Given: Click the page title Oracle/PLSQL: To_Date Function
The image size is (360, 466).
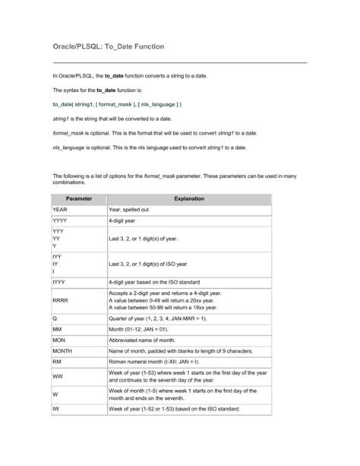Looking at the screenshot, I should pos(107,47).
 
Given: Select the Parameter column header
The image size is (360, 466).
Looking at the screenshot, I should pos(79,198).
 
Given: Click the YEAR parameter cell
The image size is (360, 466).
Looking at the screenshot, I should pos(61,208).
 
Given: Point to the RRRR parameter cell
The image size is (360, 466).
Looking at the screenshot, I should pos(61,300).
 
